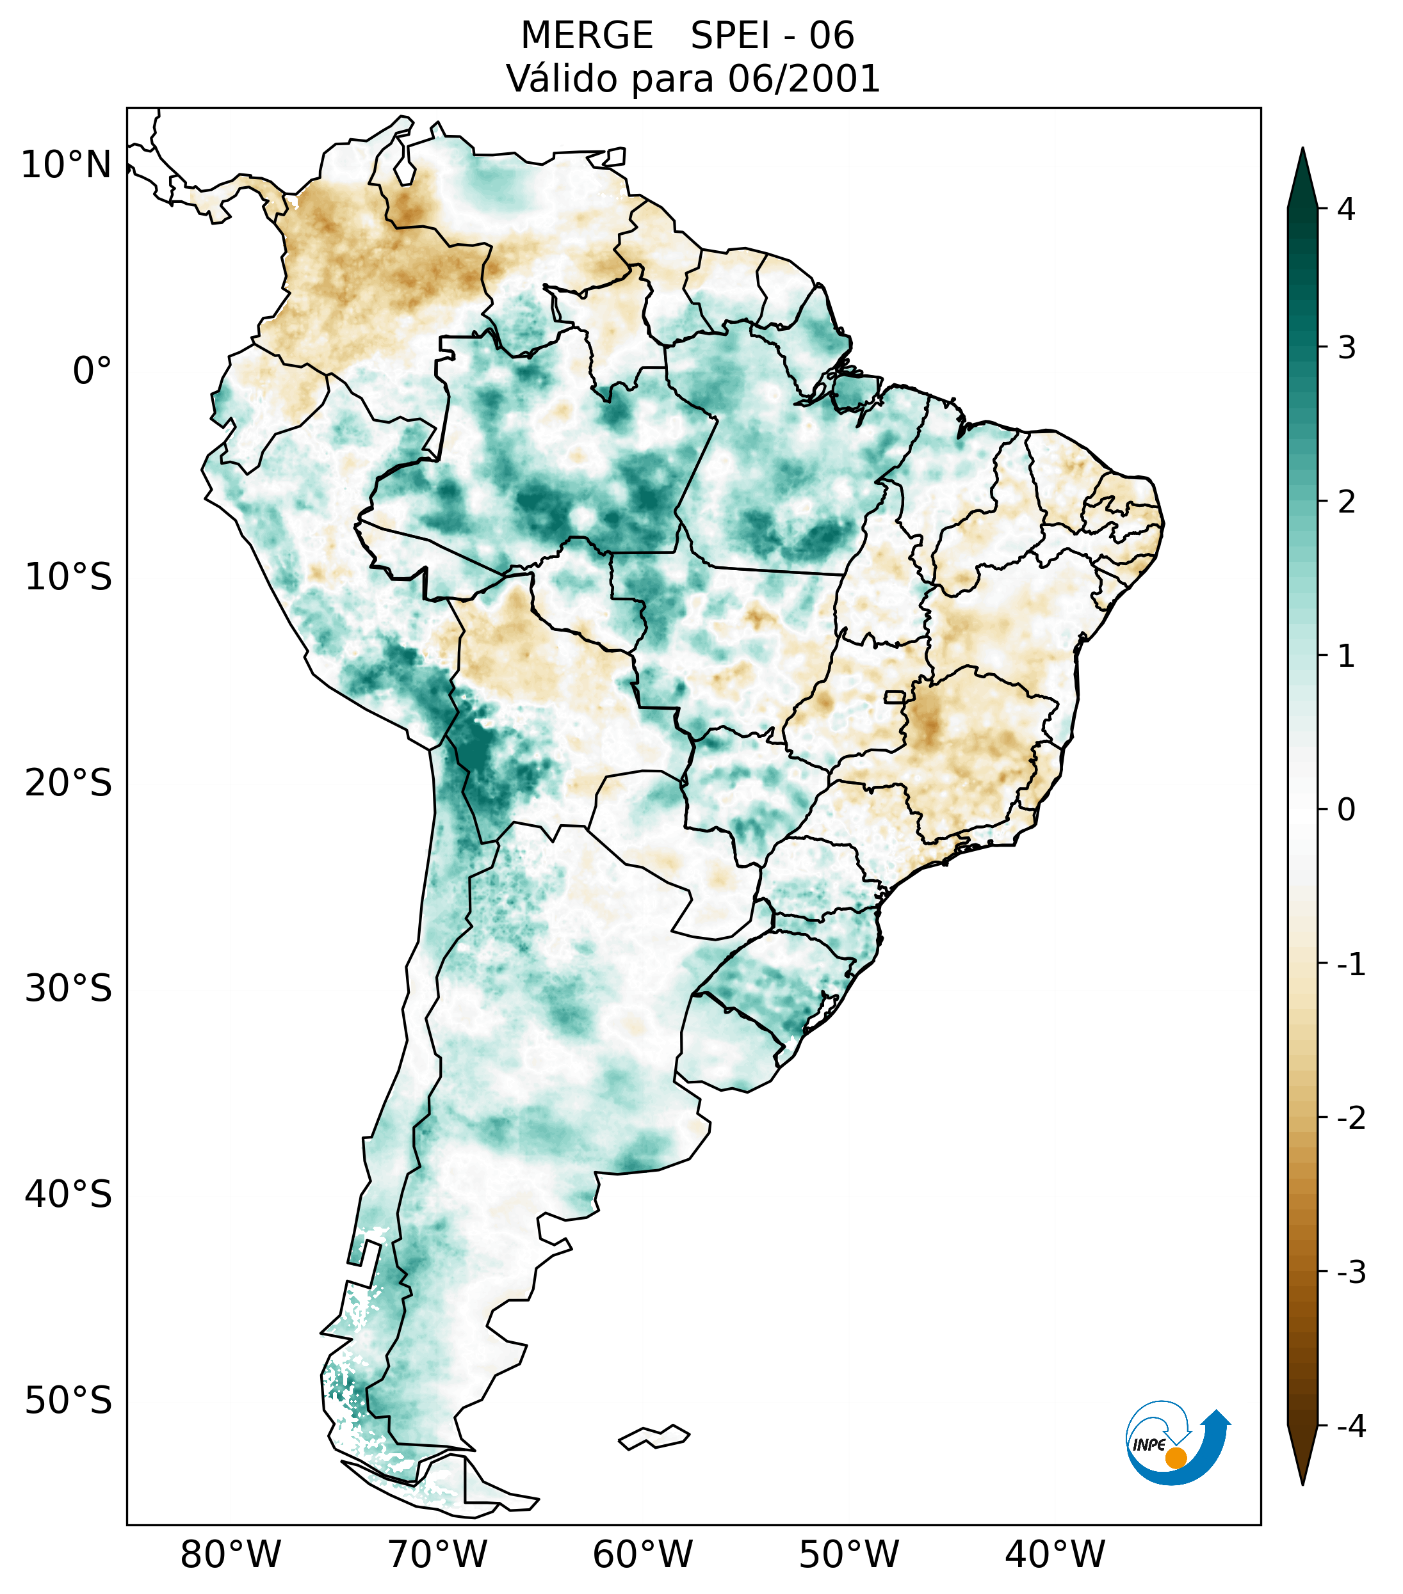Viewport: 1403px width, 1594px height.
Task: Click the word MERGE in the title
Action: [x=586, y=36]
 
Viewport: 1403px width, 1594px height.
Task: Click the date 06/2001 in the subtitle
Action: [x=803, y=79]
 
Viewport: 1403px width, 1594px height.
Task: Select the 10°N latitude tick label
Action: [x=67, y=165]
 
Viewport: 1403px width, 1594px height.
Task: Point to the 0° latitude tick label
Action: [x=92, y=371]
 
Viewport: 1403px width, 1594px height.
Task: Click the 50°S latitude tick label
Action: [x=69, y=1401]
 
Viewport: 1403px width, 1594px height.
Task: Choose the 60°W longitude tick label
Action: [x=642, y=1554]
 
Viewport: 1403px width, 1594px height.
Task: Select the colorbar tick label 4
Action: [x=1346, y=209]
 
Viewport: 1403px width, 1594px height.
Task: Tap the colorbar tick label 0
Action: [x=1346, y=810]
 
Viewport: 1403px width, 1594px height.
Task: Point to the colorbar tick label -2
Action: [x=1350, y=1119]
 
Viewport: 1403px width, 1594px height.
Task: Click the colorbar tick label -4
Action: [x=1350, y=1426]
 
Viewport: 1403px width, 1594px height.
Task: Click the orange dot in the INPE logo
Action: [x=1175, y=1458]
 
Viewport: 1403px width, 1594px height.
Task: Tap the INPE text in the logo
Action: [x=1149, y=1445]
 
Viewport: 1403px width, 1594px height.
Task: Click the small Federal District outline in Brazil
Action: [x=895, y=696]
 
